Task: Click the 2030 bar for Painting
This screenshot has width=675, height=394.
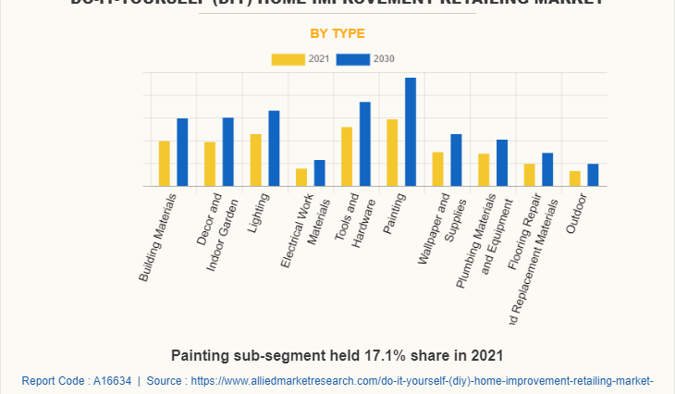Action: pos(411,132)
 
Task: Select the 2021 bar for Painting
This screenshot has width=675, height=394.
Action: pos(392,153)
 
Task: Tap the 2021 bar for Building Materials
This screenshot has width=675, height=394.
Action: pos(165,164)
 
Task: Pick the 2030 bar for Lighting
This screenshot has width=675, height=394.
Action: pos(274,149)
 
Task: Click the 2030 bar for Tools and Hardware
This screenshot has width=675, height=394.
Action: pos(365,144)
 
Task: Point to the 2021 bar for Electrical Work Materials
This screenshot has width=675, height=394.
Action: pos(301,177)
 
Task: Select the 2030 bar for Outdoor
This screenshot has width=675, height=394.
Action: pos(593,175)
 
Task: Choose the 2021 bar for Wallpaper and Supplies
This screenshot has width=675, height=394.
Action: pos(438,169)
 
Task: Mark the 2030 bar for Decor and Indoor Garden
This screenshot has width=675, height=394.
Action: pos(227,152)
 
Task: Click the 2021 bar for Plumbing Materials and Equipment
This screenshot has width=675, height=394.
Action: pos(484,170)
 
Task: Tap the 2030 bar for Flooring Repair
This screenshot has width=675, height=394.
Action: pos(547,169)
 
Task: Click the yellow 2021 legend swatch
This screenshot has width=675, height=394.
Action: pos(288,59)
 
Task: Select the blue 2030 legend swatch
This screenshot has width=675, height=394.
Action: pos(352,59)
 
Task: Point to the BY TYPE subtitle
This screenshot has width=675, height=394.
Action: pos(337,33)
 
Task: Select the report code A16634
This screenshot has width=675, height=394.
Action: pos(109,380)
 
